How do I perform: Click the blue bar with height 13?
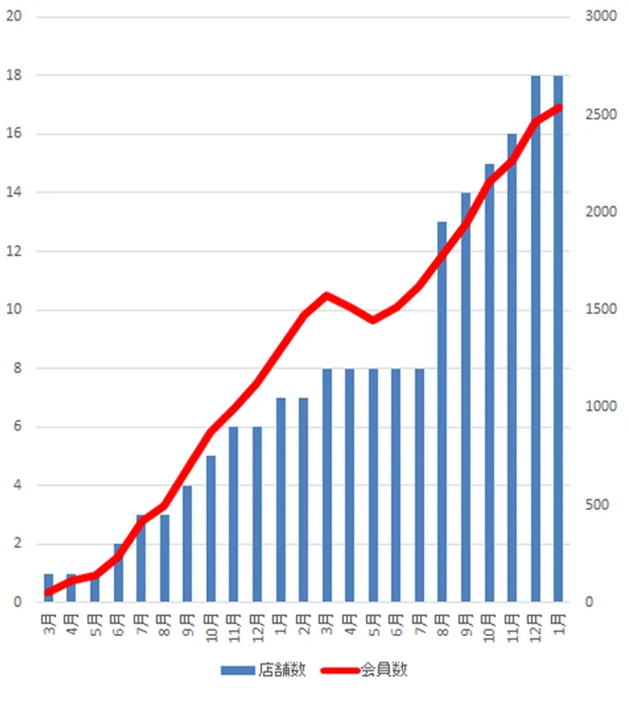tap(442, 412)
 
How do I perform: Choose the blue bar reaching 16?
tap(512, 368)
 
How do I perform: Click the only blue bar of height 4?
tap(187, 544)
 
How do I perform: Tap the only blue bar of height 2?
tap(119, 573)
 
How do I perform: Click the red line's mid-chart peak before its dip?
tap(327, 295)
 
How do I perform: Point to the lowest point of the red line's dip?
tap(373, 320)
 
